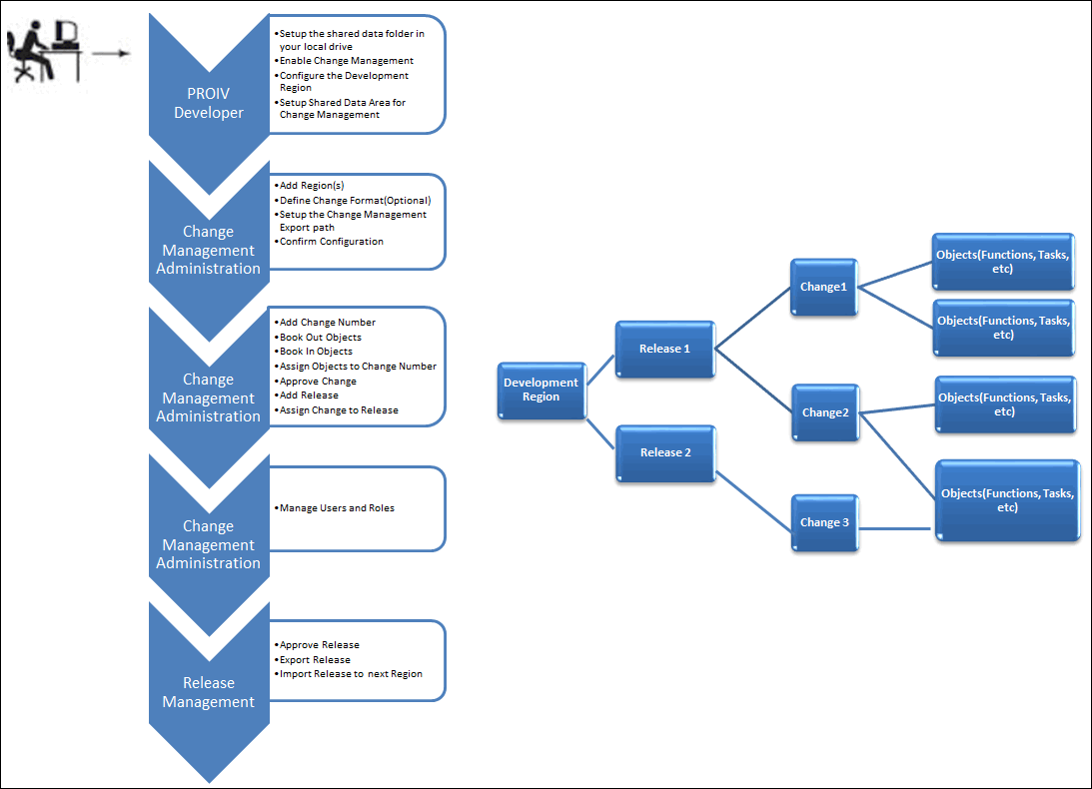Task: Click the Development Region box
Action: point(542,390)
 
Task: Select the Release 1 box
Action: point(665,349)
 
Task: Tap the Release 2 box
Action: point(665,453)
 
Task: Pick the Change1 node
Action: point(824,287)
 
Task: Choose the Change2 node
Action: point(825,412)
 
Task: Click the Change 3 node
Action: point(824,523)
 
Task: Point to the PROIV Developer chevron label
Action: point(208,103)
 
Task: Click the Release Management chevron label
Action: point(208,692)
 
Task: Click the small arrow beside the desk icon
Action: point(111,53)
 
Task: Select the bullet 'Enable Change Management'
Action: point(346,61)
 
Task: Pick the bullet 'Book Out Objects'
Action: point(321,337)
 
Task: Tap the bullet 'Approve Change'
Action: point(318,382)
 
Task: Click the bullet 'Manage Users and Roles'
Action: point(337,508)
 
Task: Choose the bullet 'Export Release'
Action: point(315,659)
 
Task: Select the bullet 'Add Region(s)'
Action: point(312,185)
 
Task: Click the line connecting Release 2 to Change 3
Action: point(753,500)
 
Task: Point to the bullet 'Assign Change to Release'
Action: point(339,410)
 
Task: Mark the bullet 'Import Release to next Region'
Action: point(351,674)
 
